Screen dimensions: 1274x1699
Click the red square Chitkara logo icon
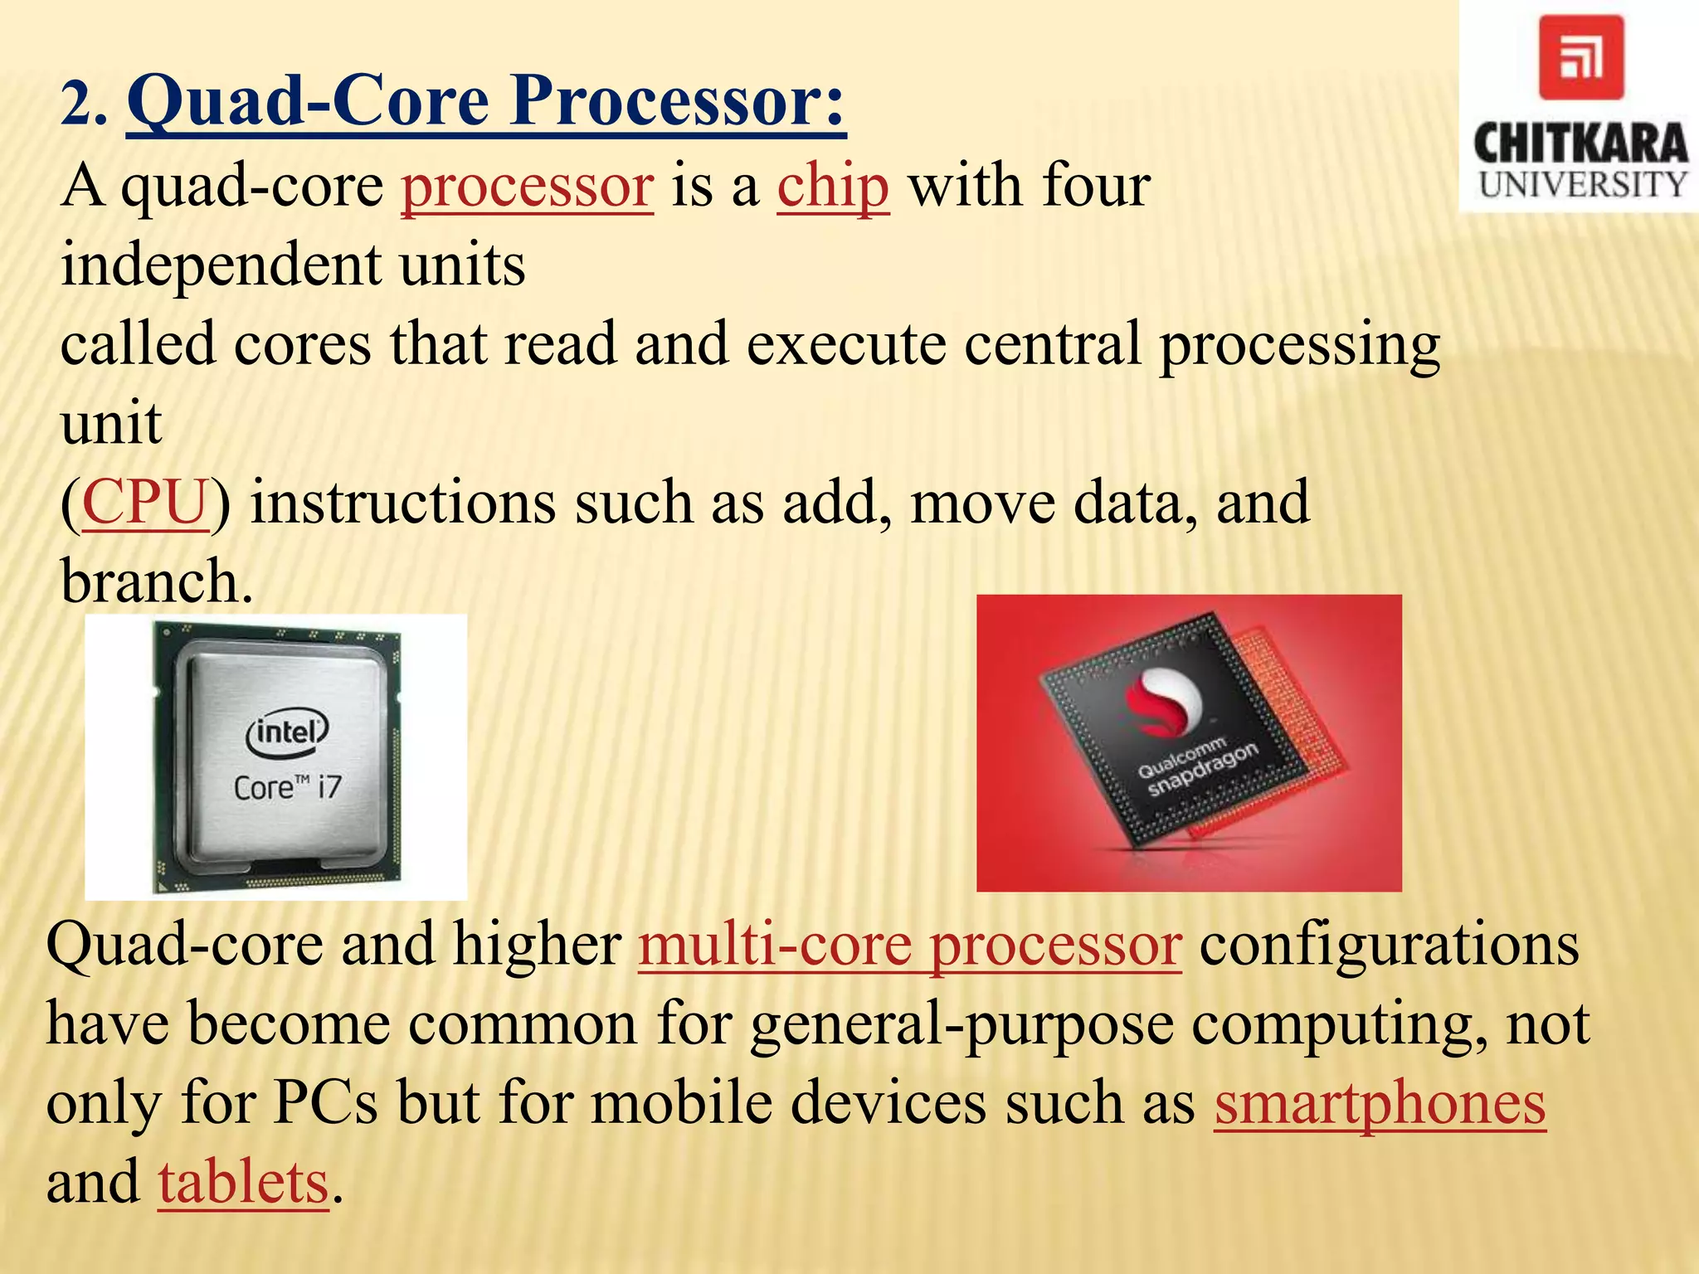tap(1580, 58)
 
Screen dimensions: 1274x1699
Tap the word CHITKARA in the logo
tap(1580, 143)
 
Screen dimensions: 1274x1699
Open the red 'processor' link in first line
tap(528, 186)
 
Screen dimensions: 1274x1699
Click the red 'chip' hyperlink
tap(833, 186)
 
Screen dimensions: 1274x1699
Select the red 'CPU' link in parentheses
tap(145, 503)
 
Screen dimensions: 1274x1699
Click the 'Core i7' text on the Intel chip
tap(287, 786)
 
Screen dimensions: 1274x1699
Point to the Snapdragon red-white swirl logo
tap(1163, 701)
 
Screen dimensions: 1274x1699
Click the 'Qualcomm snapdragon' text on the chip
tap(1198, 768)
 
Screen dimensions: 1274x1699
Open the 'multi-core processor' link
tap(909, 945)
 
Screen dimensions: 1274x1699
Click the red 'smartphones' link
tap(1380, 1103)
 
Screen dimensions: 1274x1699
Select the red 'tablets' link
tap(243, 1183)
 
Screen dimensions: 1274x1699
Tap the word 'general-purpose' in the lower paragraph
tap(961, 1024)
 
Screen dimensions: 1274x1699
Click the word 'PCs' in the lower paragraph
tap(325, 1103)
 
